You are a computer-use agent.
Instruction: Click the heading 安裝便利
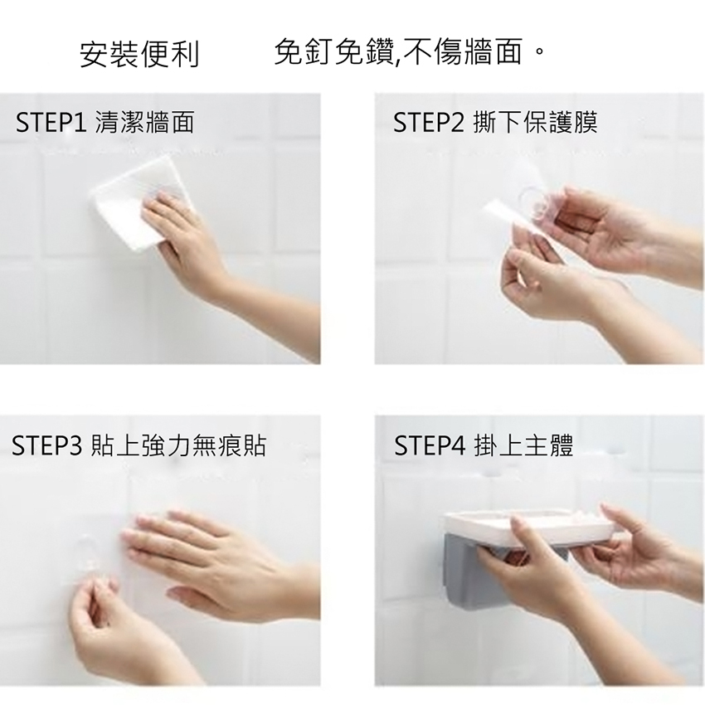[139, 54]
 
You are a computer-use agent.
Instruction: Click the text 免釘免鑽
[334, 51]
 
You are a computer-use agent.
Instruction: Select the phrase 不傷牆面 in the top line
[462, 51]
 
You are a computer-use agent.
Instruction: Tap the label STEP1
[51, 122]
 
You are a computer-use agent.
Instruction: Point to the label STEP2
[429, 122]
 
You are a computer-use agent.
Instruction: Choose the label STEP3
[46, 445]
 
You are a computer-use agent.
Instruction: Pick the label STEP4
[430, 445]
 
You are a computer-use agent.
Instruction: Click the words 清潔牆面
[145, 122]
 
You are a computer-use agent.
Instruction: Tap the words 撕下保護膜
[536, 122]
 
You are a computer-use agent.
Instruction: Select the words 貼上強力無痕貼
[178, 445]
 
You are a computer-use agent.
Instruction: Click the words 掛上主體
[524, 445]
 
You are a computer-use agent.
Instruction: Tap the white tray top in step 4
[531, 525]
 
